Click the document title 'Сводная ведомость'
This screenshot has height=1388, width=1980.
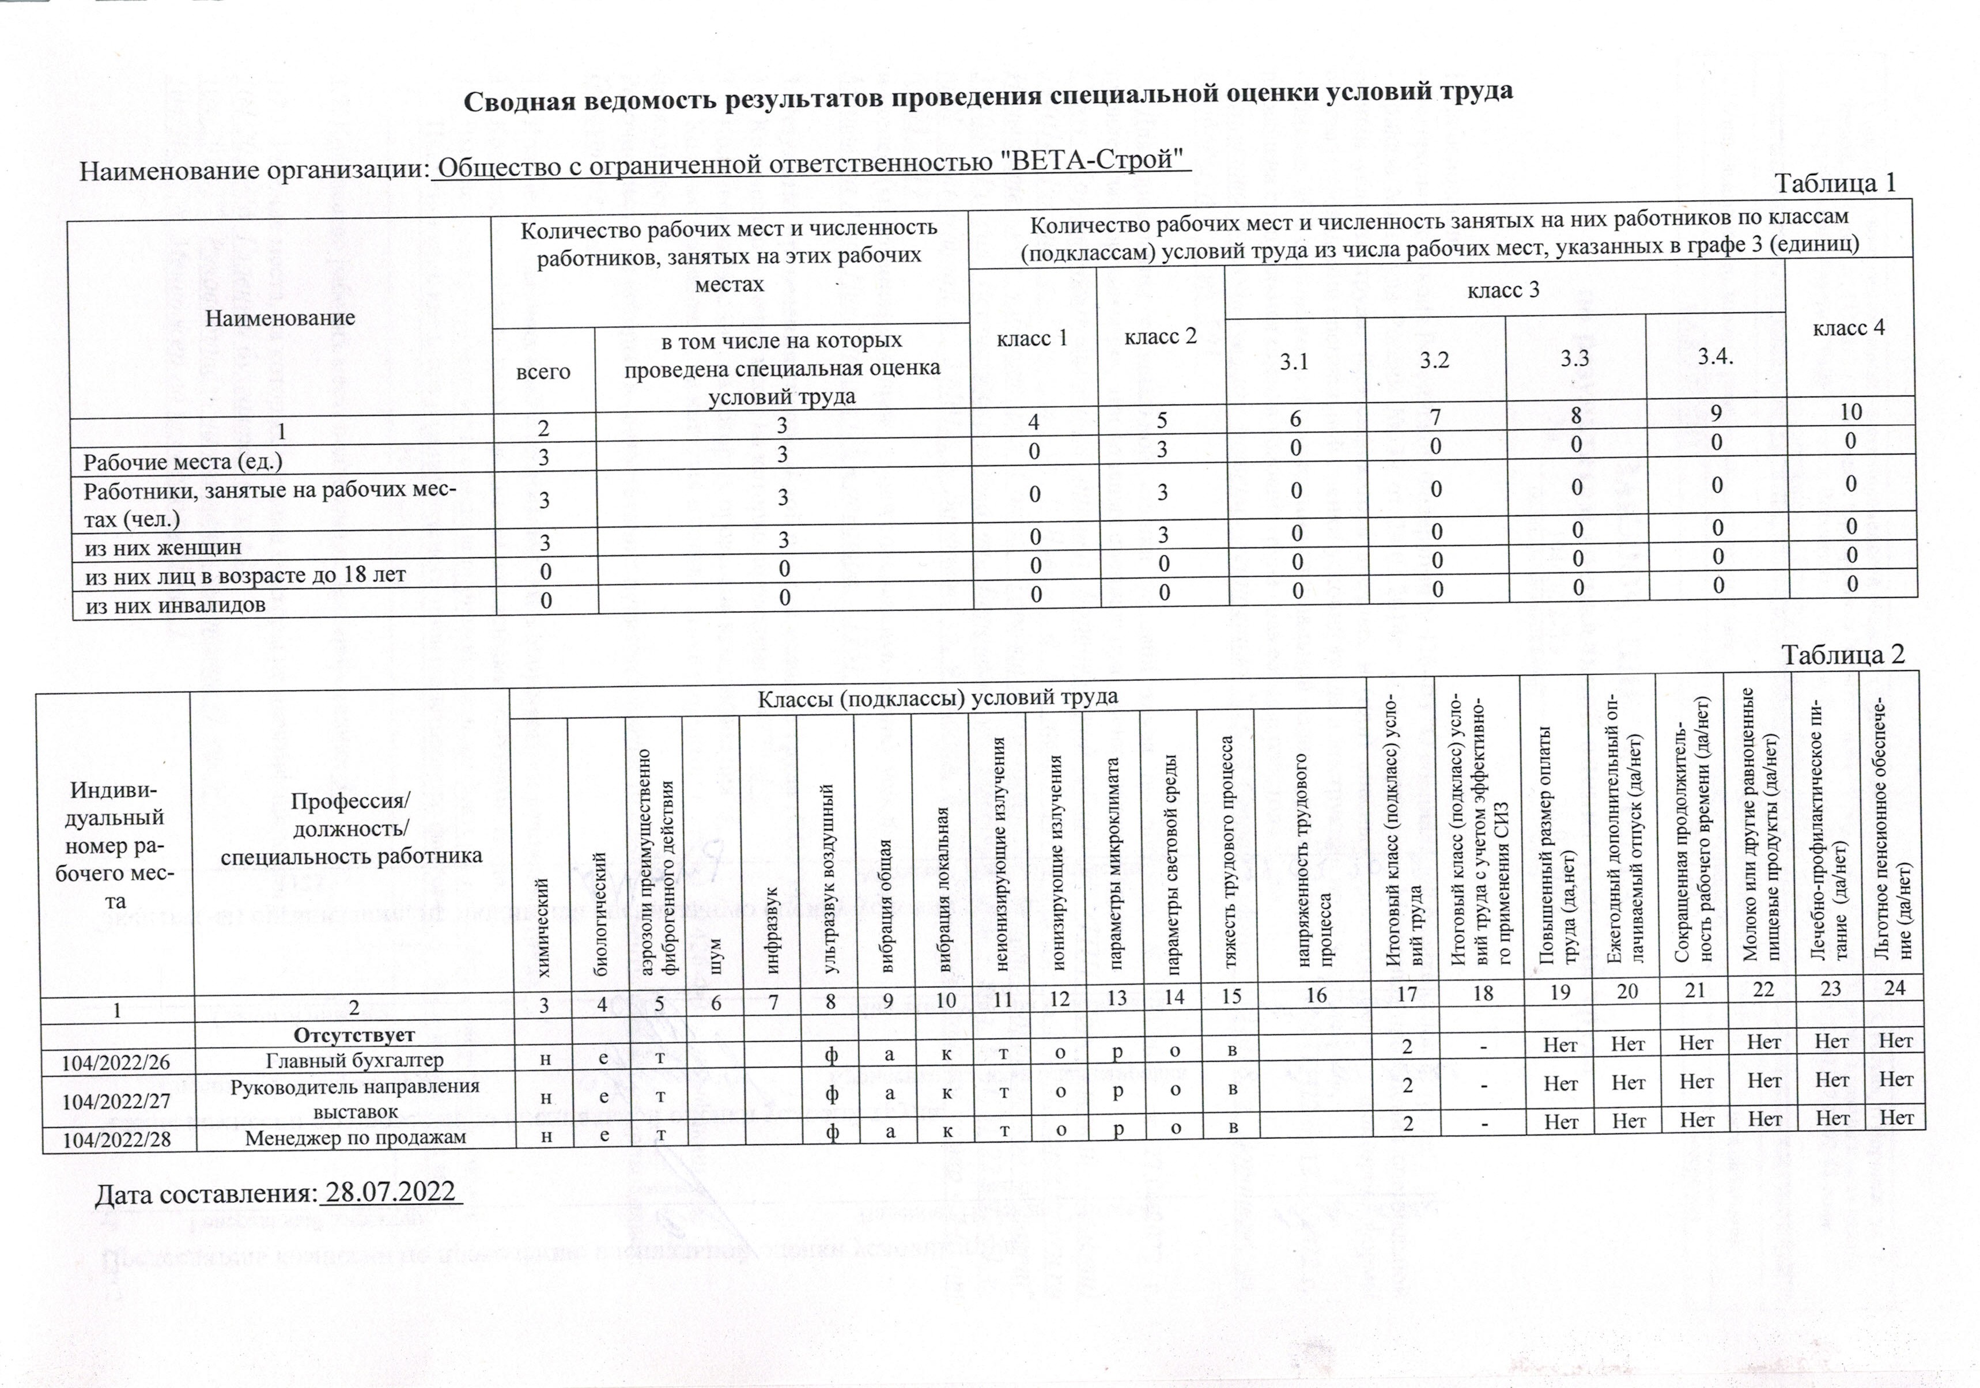[x=988, y=97]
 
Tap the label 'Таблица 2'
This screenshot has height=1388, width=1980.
[x=1842, y=655]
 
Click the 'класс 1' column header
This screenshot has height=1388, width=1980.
[x=1031, y=339]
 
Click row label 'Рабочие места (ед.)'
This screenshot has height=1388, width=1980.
[x=182, y=462]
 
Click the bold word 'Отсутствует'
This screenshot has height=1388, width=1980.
[x=354, y=1034]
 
